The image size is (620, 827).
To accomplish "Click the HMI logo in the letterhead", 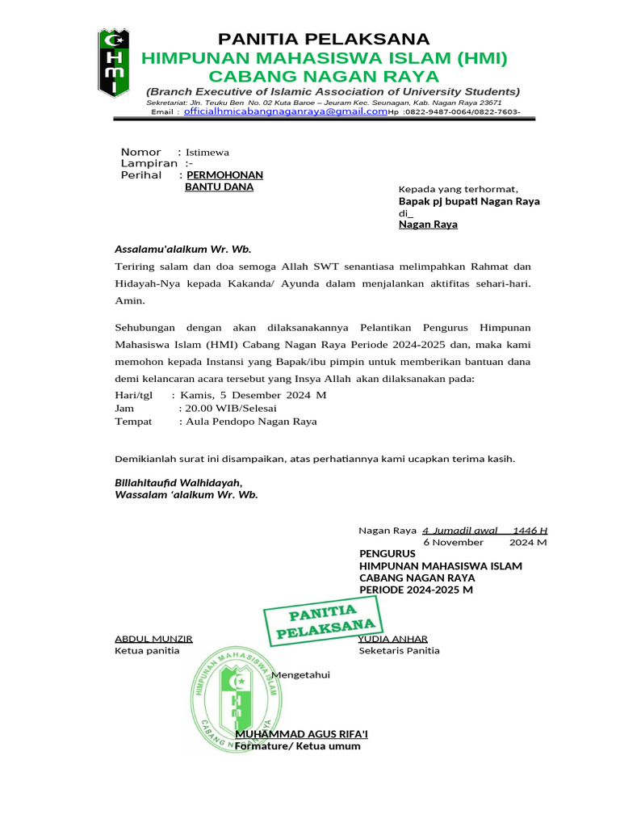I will (x=115, y=62).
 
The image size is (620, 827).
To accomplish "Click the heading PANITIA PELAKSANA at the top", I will (x=324, y=40).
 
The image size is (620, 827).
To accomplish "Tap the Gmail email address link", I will (x=285, y=111).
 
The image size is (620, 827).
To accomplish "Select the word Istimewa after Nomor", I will (x=207, y=152).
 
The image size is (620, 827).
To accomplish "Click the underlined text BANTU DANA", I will (x=219, y=187).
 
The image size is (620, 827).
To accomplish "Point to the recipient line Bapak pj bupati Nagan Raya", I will (x=469, y=201).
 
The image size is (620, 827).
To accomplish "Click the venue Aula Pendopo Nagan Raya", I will (x=251, y=421).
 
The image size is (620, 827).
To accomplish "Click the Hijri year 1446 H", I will (x=530, y=531).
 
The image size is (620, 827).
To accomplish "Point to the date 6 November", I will (x=453, y=543).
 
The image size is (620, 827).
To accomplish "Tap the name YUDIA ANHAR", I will (x=393, y=639).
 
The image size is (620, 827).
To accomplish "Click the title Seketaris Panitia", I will (x=399, y=650).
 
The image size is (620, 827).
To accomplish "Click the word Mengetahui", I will (x=301, y=674).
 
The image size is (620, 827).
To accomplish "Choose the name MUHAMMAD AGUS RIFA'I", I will (x=300, y=734).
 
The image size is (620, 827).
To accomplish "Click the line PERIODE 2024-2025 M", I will (x=416, y=590).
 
